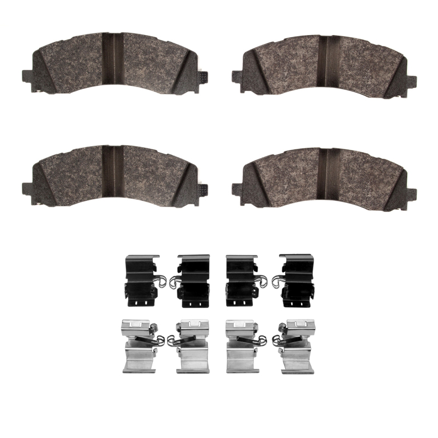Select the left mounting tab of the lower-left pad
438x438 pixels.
(26, 188)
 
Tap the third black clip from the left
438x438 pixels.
(242, 280)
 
